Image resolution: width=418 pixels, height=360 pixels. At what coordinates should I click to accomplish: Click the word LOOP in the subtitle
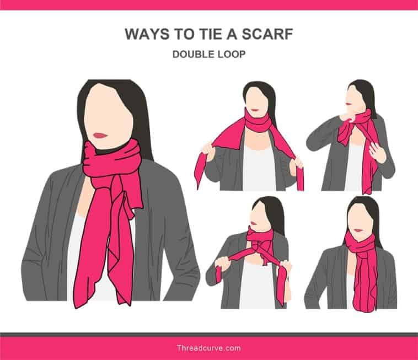[232, 55]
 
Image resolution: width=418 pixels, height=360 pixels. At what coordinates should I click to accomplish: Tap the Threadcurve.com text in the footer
[208, 348]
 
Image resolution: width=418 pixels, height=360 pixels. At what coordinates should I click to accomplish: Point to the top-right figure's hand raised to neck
[348, 115]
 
